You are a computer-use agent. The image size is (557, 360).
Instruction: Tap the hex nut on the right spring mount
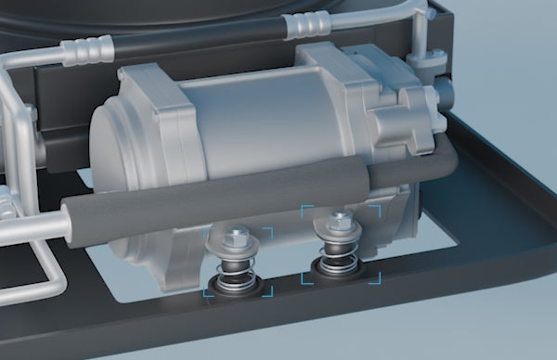pyautogui.click(x=341, y=222)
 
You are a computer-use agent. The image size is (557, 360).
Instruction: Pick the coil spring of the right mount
pyautogui.click(x=338, y=252)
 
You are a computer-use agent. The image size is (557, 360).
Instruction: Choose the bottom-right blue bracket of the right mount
pyautogui.click(x=375, y=278)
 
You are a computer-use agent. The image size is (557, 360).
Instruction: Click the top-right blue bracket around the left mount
pyautogui.click(x=268, y=232)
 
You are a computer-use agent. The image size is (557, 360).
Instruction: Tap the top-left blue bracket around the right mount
pyautogui.click(x=307, y=211)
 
